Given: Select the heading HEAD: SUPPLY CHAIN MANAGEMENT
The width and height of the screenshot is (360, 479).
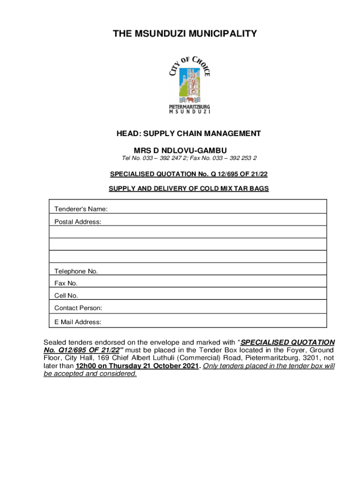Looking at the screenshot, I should click(x=188, y=134).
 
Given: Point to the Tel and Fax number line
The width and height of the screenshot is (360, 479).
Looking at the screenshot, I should click(x=189, y=159).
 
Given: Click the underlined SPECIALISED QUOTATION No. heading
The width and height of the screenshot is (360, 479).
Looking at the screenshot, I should click(x=188, y=174).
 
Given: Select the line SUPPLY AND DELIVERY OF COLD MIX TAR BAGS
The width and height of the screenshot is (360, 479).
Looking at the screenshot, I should click(x=188, y=189).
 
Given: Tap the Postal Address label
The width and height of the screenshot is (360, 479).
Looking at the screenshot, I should click(x=78, y=221).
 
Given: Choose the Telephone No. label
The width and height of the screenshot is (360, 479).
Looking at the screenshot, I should click(x=76, y=271).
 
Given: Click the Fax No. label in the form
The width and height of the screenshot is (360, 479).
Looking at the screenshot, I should click(x=66, y=283).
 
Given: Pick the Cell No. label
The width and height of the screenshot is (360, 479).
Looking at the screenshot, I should click(x=66, y=296).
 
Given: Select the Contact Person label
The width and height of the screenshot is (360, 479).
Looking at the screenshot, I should click(x=78, y=308).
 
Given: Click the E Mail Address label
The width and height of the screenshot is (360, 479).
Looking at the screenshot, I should click(x=78, y=322).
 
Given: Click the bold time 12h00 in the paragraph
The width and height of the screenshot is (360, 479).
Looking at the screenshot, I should click(x=86, y=366).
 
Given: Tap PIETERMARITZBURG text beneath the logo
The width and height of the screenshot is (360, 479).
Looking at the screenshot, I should click(x=189, y=107).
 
